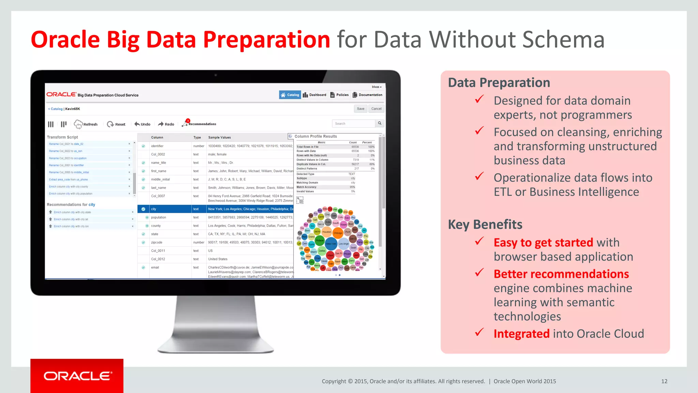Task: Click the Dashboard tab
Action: coord(315,95)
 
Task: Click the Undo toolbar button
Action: coord(142,124)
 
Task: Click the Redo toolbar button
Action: coord(166,124)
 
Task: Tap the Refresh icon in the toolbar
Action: coord(78,124)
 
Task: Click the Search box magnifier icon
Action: coord(380,123)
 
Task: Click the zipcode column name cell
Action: coord(157,243)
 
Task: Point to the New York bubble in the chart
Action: coord(331,244)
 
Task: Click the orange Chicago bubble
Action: coord(338,233)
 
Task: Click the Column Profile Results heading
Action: coord(316,136)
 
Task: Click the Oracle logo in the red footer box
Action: coord(77,376)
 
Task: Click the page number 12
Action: coord(664,381)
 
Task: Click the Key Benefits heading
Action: coord(485,224)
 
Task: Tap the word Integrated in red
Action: coord(521,334)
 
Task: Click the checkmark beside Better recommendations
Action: coord(480,273)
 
